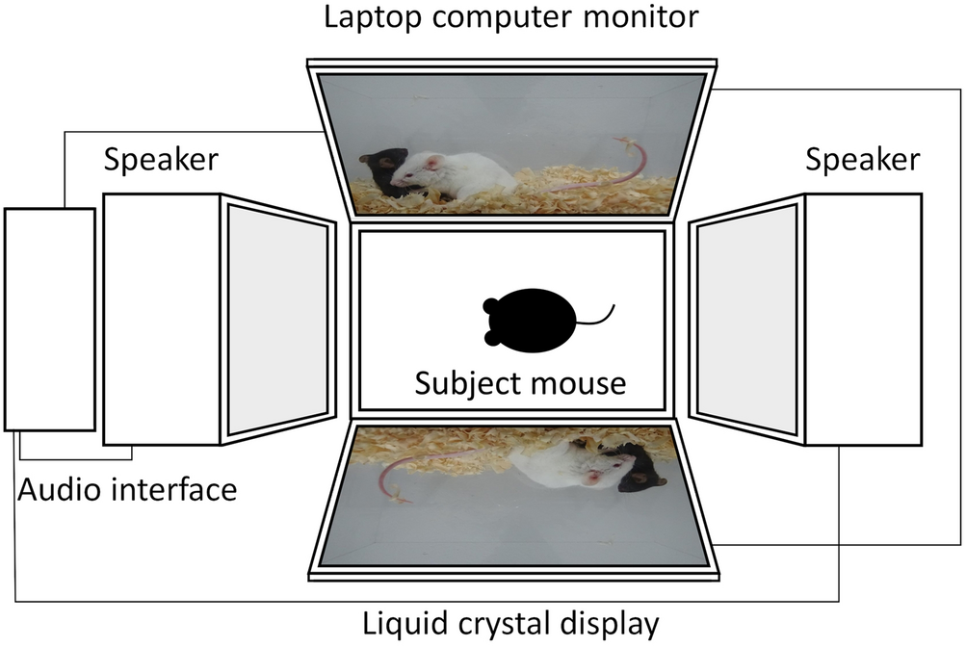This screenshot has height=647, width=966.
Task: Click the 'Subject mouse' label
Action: (520, 383)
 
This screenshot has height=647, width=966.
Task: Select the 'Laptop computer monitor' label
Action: (511, 17)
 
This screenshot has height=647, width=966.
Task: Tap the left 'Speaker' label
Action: (161, 159)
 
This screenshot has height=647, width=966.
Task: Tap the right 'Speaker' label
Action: (862, 159)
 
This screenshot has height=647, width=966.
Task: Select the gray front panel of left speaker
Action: (276, 318)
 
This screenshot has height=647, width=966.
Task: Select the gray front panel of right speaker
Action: (746, 318)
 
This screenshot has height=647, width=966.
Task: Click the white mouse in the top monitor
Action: (457, 174)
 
